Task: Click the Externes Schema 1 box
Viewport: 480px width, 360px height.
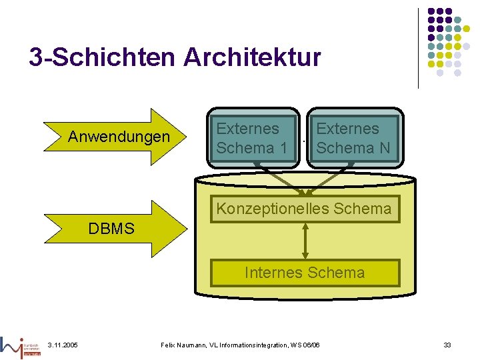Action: coord(253,138)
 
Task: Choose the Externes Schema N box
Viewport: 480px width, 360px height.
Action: coord(354,138)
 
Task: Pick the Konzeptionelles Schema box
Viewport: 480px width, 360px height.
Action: coord(304,209)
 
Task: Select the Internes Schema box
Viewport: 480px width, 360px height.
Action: coord(305,273)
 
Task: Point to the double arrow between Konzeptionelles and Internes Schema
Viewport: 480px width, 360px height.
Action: coord(305,241)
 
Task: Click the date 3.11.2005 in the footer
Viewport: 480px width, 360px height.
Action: coord(63,345)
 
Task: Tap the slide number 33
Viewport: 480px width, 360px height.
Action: coord(447,345)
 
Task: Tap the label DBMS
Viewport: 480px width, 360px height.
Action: coord(111,229)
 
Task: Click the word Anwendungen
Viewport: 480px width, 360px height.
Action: coord(119,137)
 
